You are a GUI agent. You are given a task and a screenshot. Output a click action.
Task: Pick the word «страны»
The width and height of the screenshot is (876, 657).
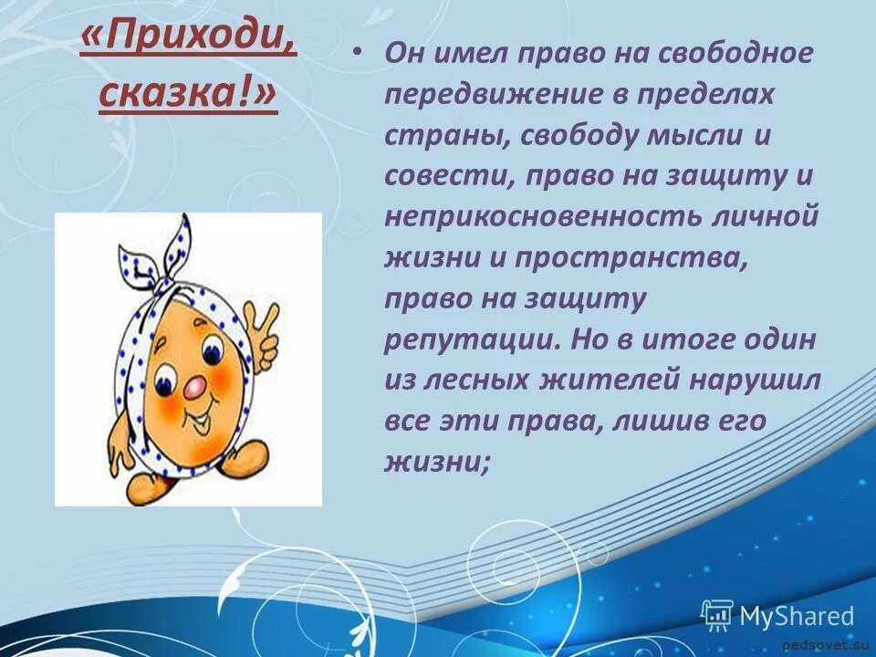pos(438,135)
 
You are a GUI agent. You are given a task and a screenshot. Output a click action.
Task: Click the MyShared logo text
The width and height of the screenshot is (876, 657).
pos(796,616)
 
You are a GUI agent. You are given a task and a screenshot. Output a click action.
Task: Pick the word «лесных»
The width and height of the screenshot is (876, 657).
pos(481,381)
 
